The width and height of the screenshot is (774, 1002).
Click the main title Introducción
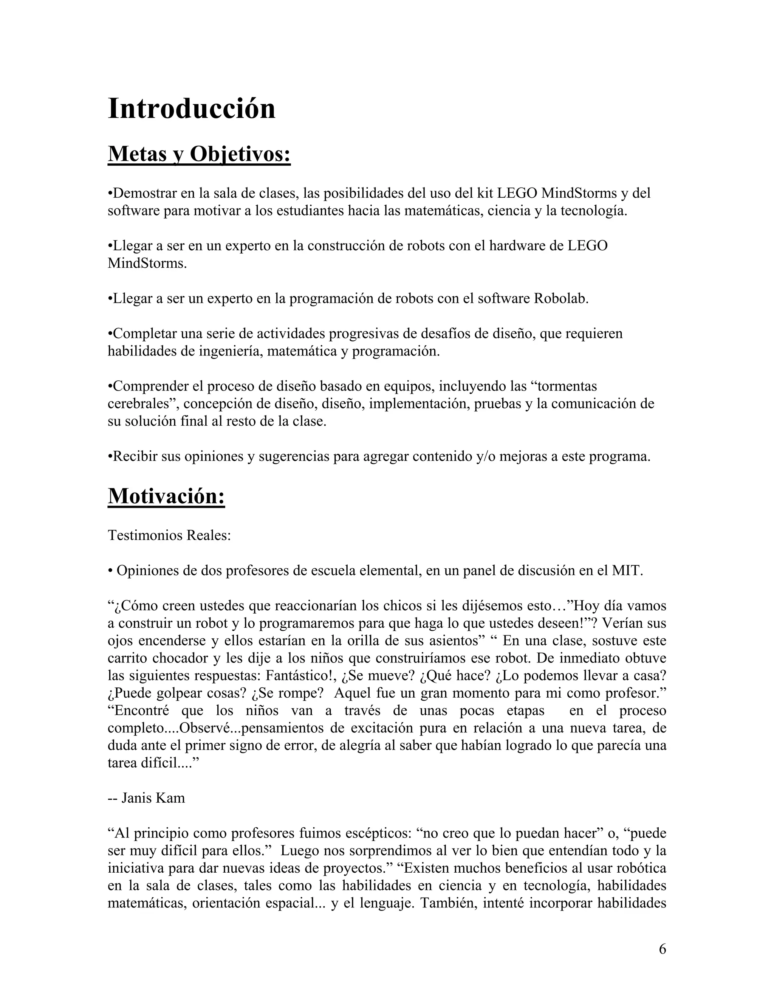pyautogui.click(x=191, y=109)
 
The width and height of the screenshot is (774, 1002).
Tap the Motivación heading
pyautogui.click(x=166, y=496)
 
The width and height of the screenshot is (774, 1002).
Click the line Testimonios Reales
pyautogui.click(x=169, y=535)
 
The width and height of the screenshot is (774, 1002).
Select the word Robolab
pyautogui.click(x=561, y=299)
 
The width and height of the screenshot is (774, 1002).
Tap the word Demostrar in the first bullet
pyautogui.click(x=144, y=193)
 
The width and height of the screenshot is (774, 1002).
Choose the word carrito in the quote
pyautogui.click(x=127, y=658)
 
